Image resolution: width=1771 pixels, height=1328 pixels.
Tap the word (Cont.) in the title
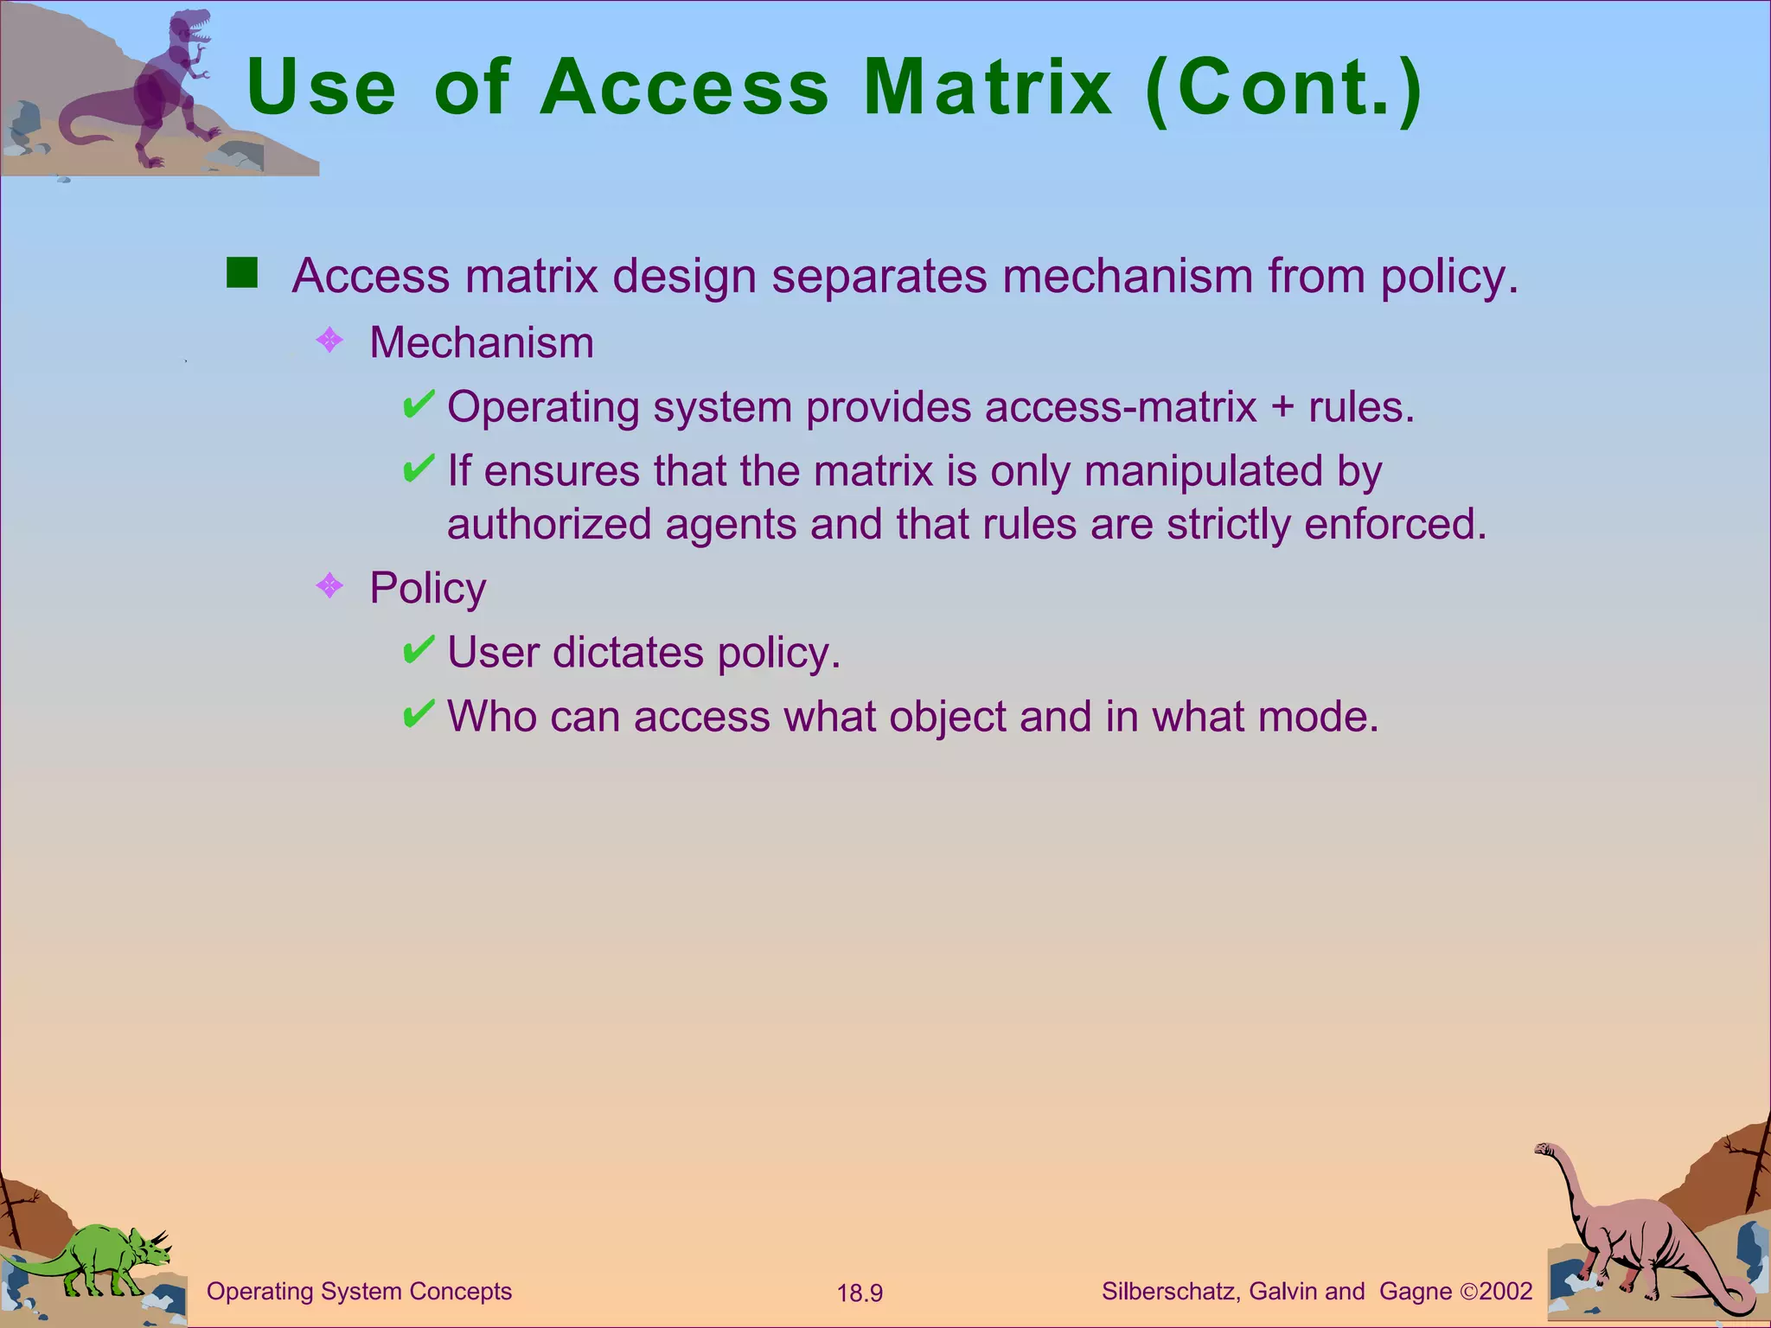[1283, 87]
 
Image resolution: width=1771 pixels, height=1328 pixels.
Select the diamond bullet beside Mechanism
[329, 341]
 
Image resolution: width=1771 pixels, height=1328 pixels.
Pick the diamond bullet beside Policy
[329, 587]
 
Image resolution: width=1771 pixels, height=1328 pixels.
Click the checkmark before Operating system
[419, 404]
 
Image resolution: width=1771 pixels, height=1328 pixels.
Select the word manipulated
[1203, 471]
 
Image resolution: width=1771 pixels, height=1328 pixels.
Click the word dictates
[628, 652]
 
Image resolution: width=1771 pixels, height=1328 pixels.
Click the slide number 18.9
[860, 1293]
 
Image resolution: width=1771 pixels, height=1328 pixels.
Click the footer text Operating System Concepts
[359, 1292]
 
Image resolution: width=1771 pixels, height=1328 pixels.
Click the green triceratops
[104, 1258]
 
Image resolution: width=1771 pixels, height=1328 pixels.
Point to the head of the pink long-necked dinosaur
[1544, 1151]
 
